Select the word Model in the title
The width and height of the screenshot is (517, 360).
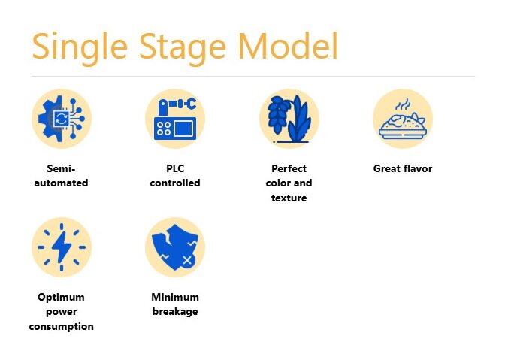click(x=288, y=46)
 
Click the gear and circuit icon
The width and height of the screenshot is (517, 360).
click(x=62, y=119)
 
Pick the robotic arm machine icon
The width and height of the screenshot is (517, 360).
click(x=175, y=119)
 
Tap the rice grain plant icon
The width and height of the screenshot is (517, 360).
click(x=289, y=119)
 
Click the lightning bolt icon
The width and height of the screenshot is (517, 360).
click(x=62, y=247)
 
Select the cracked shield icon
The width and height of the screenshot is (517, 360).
click(x=175, y=247)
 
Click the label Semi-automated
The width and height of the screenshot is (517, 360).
click(x=62, y=176)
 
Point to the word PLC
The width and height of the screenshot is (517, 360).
click(x=175, y=168)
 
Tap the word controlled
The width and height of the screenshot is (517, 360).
click(x=175, y=183)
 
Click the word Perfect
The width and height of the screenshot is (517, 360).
click(x=289, y=168)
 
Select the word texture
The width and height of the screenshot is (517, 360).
click(x=289, y=198)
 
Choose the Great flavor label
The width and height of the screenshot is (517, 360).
click(x=403, y=168)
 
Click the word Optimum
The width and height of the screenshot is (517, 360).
click(x=61, y=297)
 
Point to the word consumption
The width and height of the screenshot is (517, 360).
click(x=62, y=326)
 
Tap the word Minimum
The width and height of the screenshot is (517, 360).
click(x=175, y=297)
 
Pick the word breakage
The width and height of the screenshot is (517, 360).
click(x=175, y=312)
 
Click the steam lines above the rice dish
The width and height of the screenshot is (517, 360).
click(x=404, y=104)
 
